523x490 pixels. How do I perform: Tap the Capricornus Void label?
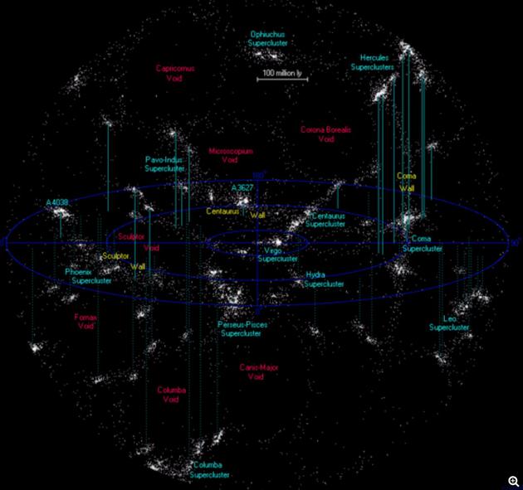pyautogui.click(x=174, y=73)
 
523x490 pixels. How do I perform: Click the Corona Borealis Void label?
pyautogui.click(x=326, y=134)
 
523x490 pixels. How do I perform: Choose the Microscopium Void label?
pyautogui.click(x=231, y=156)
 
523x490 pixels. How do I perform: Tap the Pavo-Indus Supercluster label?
pyautogui.click(x=164, y=163)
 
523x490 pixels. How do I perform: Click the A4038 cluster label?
pyautogui.click(x=59, y=201)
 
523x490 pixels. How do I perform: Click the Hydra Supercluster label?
pyautogui.click(x=324, y=279)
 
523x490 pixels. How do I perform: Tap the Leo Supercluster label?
pyautogui.click(x=449, y=323)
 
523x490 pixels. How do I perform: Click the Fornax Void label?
pyautogui.click(x=86, y=321)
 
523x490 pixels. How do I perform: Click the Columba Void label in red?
pyautogui.click(x=171, y=395)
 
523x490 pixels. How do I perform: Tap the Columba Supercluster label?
pyautogui.click(x=209, y=470)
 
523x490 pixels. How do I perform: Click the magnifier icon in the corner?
pyautogui.click(x=514, y=481)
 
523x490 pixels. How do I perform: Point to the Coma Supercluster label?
pyautogui.click(x=423, y=243)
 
